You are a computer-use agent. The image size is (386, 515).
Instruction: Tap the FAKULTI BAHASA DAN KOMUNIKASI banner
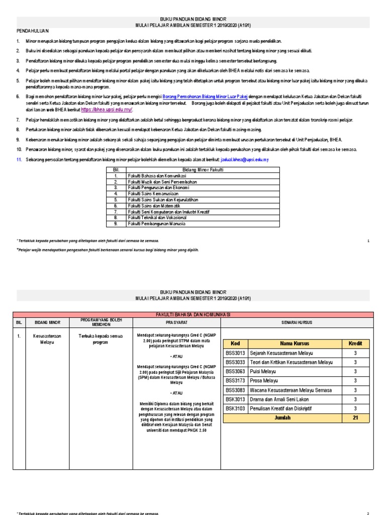pos(193,314)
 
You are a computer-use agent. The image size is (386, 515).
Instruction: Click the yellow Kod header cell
pos(235,343)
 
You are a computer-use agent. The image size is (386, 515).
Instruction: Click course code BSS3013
pos(235,353)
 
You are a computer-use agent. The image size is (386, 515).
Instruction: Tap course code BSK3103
pos(235,409)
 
